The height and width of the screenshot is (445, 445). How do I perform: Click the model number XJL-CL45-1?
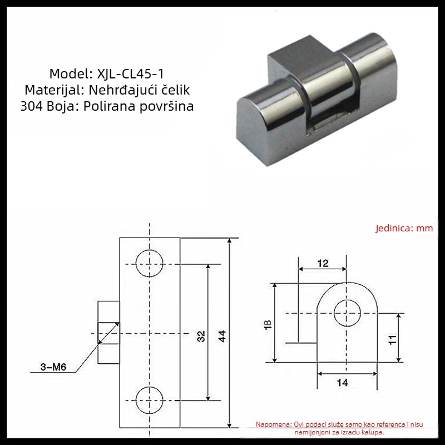click(x=131, y=74)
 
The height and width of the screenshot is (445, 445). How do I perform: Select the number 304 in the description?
click(x=32, y=106)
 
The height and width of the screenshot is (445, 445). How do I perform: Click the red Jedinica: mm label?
click(x=404, y=228)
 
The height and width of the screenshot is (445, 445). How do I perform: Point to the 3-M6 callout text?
click(x=53, y=367)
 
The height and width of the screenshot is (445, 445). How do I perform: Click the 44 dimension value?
click(x=222, y=336)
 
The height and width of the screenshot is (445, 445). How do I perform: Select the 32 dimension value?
click(x=201, y=336)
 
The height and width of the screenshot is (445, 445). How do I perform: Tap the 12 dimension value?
click(x=323, y=263)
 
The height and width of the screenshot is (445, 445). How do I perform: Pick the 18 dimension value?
click(x=268, y=324)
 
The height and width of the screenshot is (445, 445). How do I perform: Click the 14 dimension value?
click(x=343, y=383)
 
